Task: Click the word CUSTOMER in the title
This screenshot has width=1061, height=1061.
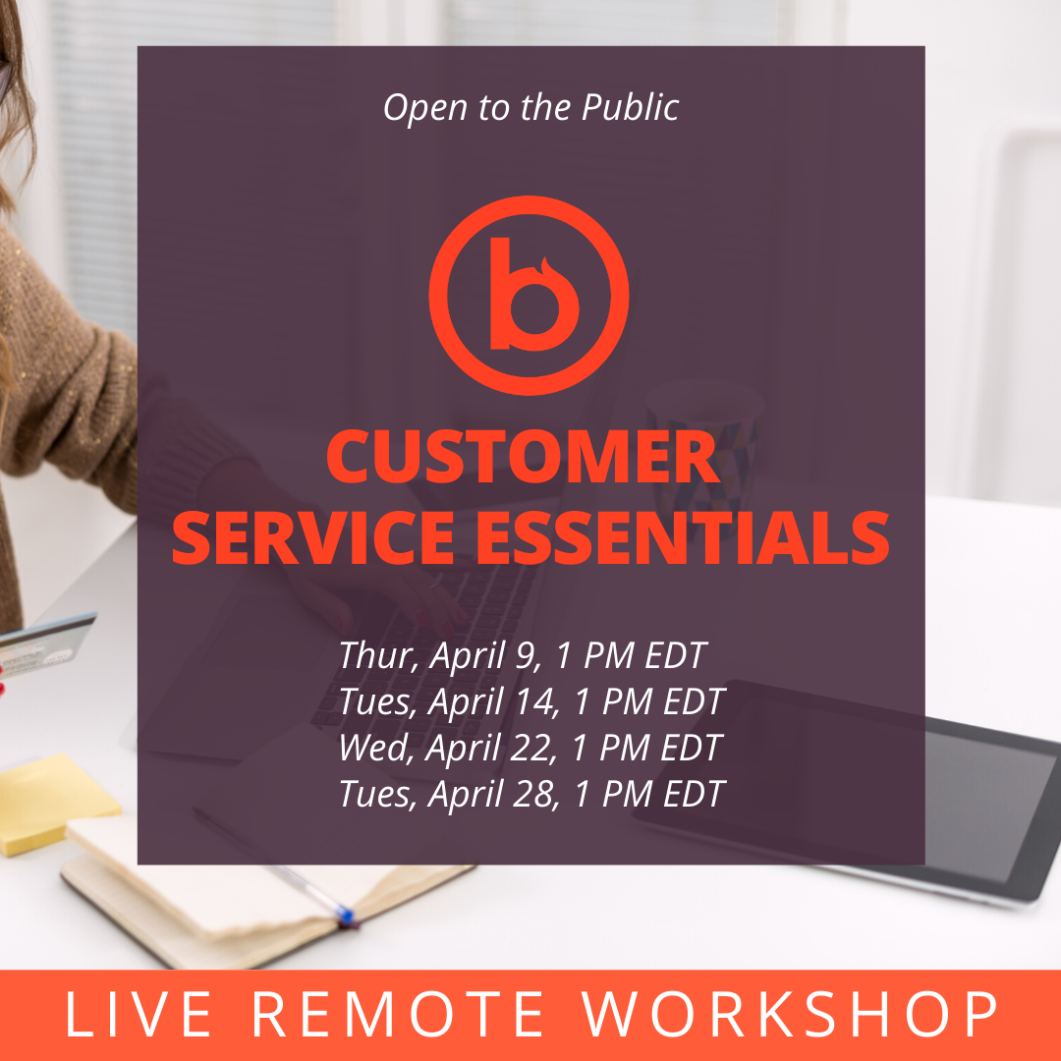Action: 523,457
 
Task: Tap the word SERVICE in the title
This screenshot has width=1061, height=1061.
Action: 312,538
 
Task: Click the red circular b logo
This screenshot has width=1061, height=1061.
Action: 530,295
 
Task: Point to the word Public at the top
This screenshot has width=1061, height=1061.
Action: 630,108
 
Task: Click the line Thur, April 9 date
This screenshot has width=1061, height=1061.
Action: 523,655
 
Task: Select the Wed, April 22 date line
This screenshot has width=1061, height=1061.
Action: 530,748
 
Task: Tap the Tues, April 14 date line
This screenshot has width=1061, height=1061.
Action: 531,701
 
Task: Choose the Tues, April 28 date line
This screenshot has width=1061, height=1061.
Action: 531,794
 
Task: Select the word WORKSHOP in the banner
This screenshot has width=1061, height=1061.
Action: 789,1014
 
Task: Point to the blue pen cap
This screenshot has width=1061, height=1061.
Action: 345,915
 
